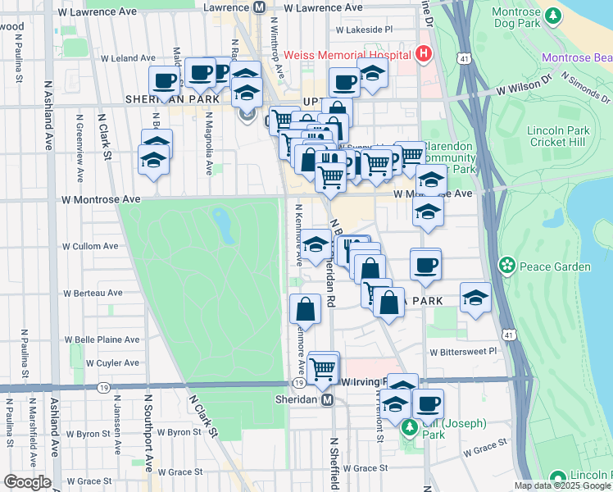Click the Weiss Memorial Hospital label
(347, 55)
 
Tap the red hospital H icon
(423, 55)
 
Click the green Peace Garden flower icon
(508, 266)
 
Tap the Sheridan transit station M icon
(327, 399)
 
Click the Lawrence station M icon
(260, 7)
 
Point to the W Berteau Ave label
(93, 292)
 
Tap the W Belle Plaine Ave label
(105, 339)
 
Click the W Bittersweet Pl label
(463, 351)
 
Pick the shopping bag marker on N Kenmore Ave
(306, 309)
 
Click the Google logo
(27, 482)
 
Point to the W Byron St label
(174, 431)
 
